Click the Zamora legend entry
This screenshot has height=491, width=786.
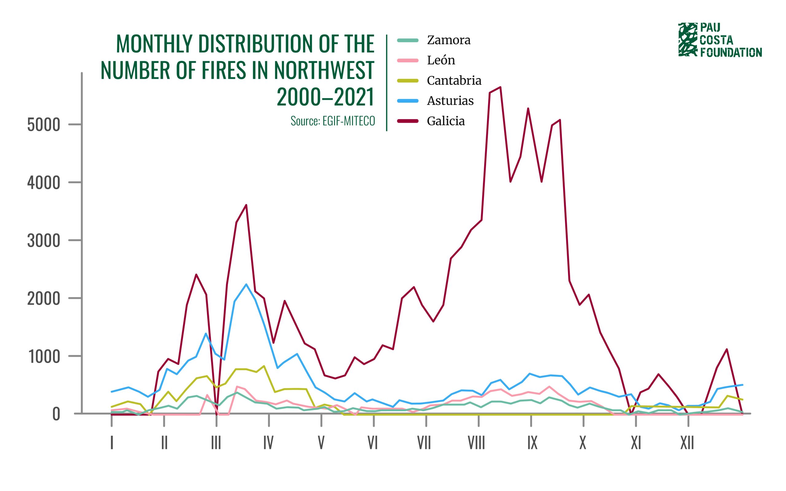(448, 40)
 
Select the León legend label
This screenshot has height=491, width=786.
(441, 60)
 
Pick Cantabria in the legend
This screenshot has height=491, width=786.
(454, 80)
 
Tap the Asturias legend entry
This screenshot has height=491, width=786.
(450, 101)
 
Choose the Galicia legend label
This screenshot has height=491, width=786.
(446, 121)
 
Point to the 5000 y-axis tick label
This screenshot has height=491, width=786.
(44, 125)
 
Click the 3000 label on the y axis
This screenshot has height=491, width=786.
(44, 241)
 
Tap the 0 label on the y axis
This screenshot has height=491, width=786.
(56, 415)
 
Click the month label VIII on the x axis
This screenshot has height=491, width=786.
(476, 443)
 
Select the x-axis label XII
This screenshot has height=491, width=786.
(687, 443)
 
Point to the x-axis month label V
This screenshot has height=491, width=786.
(321, 443)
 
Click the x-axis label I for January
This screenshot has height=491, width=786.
(112, 443)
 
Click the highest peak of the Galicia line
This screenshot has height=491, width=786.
(500, 87)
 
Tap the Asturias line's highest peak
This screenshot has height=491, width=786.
(246, 284)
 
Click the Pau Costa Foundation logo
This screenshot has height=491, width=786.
(720, 40)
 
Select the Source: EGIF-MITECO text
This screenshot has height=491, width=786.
(333, 121)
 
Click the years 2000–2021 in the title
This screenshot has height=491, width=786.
(325, 97)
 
